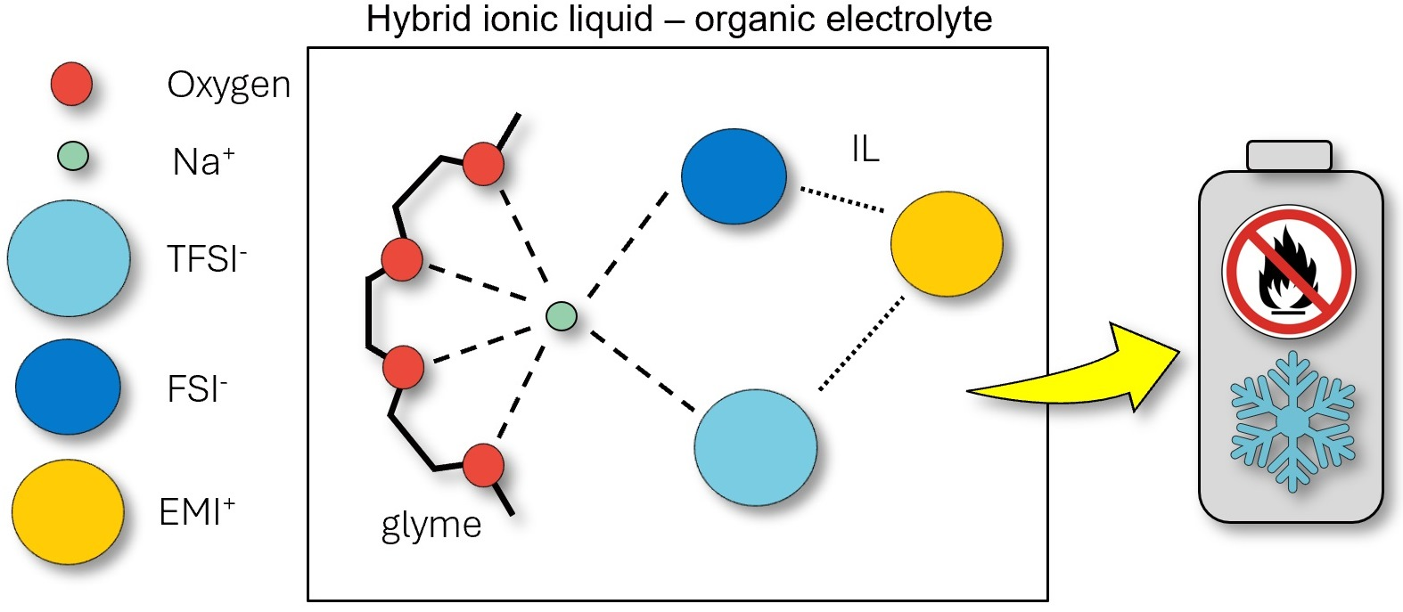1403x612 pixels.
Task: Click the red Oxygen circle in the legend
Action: tap(71, 83)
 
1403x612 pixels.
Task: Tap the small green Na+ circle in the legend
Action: tap(73, 157)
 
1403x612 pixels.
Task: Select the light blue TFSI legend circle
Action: tap(69, 258)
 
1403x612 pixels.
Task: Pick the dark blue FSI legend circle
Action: tap(68, 387)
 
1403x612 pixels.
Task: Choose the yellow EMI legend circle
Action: tap(68, 512)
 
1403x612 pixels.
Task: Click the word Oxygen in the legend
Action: tap(228, 86)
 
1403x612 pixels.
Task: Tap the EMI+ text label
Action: tap(197, 511)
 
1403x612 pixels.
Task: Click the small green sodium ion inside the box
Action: tap(562, 316)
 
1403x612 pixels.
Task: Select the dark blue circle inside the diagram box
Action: tap(734, 176)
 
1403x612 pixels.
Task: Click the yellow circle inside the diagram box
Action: tap(947, 243)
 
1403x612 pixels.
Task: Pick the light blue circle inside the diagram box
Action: tap(755, 447)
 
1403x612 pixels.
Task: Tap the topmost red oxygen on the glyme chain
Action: tap(483, 164)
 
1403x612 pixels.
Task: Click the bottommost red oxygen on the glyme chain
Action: tap(483, 465)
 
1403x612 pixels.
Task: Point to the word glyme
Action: tap(431, 526)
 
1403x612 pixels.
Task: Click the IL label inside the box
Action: tap(866, 150)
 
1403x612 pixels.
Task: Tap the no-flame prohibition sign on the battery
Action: tap(1288, 272)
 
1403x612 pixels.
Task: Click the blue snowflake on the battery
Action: tap(1292, 421)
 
